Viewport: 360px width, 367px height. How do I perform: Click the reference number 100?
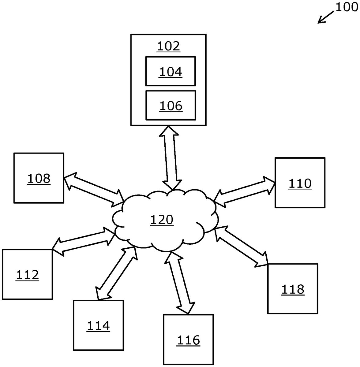(346, 7)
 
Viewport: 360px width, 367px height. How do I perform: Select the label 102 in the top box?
(168, 46)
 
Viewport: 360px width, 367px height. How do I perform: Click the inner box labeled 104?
(171, 71)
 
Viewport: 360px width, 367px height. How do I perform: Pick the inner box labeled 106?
(171, 106)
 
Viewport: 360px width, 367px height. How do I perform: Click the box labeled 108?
(39, 178)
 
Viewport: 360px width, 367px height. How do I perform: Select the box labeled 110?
(300, 183)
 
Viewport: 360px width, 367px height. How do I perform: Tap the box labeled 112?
(27, 274)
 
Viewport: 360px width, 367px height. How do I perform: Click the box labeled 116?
(188, 340)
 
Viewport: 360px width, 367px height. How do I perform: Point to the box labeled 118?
(293, 289)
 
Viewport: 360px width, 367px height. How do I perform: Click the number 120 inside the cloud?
(162, 220)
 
